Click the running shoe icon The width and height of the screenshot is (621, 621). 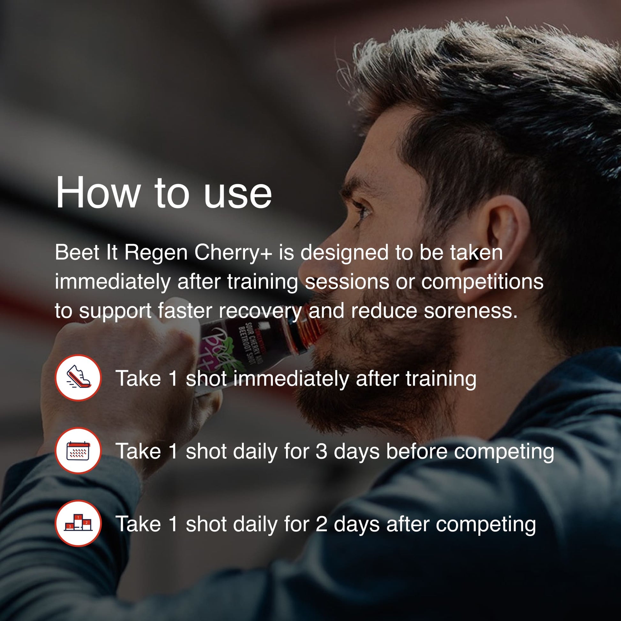(x=78, y=378)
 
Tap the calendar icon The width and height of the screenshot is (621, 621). (x=78, y=451)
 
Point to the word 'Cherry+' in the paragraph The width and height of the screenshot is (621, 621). (x=233, y=252)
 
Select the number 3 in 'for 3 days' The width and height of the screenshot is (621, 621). (x=321, y=451)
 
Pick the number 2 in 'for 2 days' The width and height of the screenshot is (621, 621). (x=321, y=524)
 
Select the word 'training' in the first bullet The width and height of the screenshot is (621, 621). (x=441, y=379)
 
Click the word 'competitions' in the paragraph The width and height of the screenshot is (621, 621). (x=482, y=282)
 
